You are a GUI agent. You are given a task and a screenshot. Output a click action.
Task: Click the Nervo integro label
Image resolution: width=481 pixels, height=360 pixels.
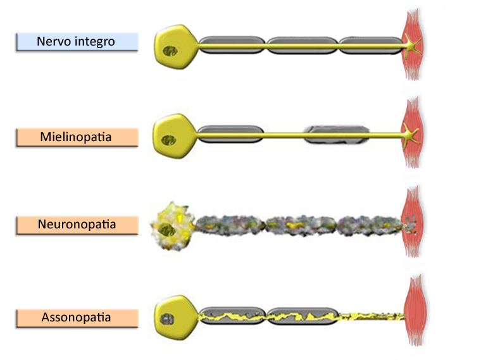(77, 42)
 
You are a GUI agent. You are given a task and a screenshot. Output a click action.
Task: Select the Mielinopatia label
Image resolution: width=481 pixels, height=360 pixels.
(77, 137)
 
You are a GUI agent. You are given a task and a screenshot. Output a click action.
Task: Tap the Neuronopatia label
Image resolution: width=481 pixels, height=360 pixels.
(77, 225)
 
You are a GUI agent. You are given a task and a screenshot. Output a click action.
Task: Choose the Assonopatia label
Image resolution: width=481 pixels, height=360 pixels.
(77, 317)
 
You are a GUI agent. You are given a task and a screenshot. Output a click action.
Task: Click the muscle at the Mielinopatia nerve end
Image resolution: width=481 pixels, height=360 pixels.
(413, 133)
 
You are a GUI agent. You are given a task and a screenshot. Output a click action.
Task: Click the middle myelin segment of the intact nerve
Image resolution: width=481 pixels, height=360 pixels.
(301, 44)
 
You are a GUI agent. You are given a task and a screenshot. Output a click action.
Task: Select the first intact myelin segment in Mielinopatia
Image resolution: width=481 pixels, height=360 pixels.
(230, 134)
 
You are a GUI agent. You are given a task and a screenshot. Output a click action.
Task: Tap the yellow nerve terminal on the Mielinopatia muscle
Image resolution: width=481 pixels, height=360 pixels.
(412, 133)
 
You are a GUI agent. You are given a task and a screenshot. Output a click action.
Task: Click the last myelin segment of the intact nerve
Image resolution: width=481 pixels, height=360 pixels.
(370, 44)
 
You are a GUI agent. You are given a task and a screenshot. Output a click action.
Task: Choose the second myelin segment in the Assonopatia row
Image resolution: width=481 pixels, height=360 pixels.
(301, 315)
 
